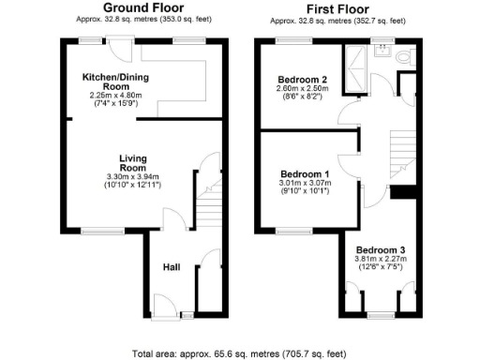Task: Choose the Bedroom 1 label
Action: (305, 175)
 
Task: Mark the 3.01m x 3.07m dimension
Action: (305, 186)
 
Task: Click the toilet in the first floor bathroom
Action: (403, 57)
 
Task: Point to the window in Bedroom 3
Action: (379, 310)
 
